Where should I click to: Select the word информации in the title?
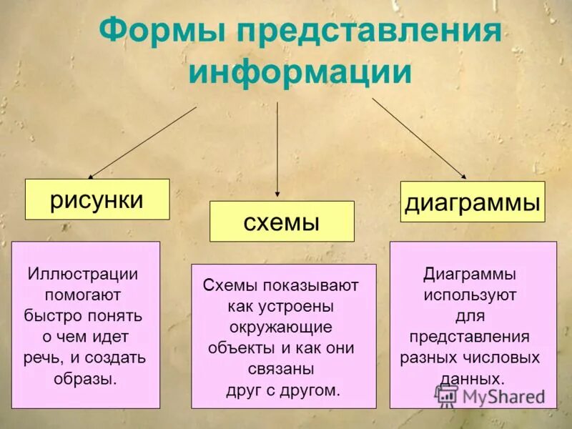[x=300, y=72]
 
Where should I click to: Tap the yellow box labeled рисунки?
[x=97, y=199]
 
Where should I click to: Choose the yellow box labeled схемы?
[x=282, y=222]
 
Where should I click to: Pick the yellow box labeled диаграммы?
[x=472, y=202]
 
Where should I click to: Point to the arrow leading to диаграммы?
[x=419, y=139]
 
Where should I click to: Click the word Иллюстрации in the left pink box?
[x=82, y=275]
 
